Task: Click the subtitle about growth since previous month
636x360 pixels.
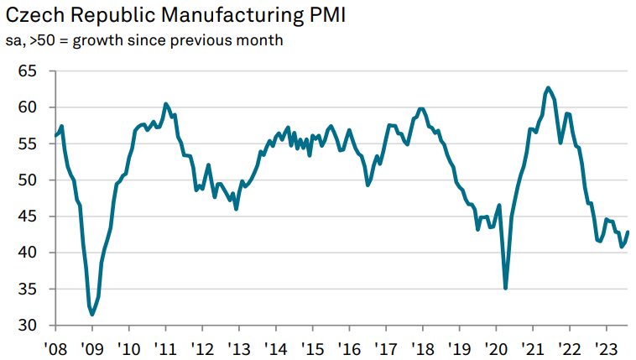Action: point(144,41)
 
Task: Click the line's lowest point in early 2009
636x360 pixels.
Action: point(92,315)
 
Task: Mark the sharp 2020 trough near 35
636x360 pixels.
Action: point(505,289)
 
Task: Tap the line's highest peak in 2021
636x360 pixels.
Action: point(548,87)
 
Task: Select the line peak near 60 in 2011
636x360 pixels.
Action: point(165,103)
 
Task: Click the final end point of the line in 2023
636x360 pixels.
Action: point(628,232)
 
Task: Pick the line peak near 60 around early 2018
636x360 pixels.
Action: point(421,109)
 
